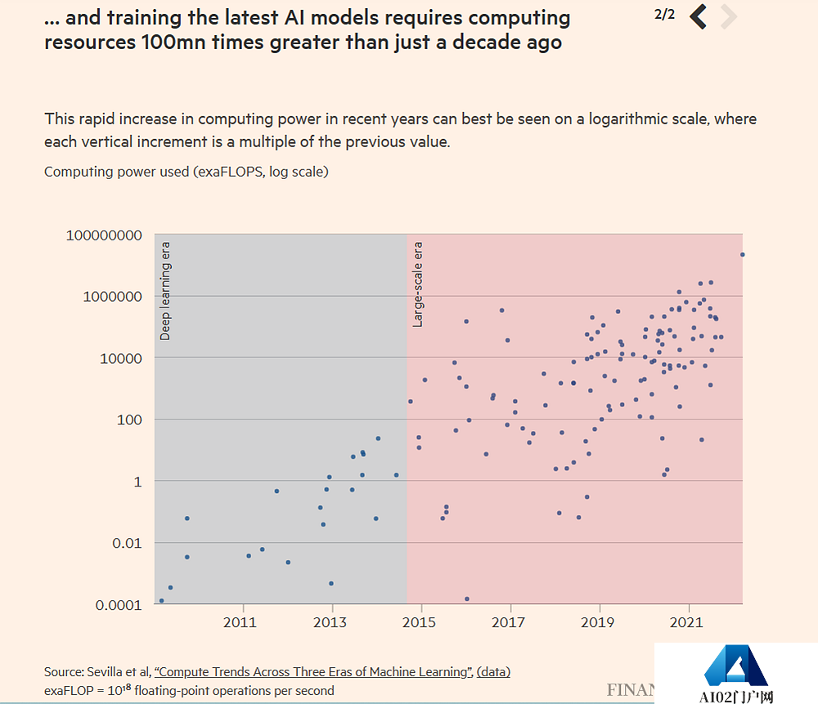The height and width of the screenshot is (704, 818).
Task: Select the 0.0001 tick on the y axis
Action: (x=118, y=605)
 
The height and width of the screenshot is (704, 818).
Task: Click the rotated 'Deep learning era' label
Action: (x=165, y=291)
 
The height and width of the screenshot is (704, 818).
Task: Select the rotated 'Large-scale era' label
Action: (x=418, y=285)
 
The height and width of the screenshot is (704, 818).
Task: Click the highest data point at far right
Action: (x=742, y=254)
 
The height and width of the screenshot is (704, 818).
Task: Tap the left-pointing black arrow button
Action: (x=698, y=16)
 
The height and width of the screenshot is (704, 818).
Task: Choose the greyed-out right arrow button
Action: (x=729, y=16)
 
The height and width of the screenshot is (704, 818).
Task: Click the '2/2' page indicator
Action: (x=665, y=15)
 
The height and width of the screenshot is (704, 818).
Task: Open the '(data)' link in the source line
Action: (x=493, y=672)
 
